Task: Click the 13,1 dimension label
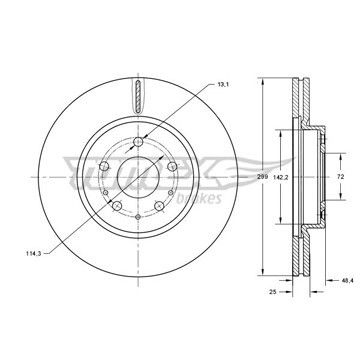click(x=223, y=84)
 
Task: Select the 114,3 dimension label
click(x=33, y=253)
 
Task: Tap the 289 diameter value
click(x=263, y=177)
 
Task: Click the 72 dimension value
click(x=340, y=177)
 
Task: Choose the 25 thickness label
click(x=273, y=292)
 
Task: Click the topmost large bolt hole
click(x=138, y=142)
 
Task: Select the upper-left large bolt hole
click(x=104, y=166)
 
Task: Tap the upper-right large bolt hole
click(x=172, y=166)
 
